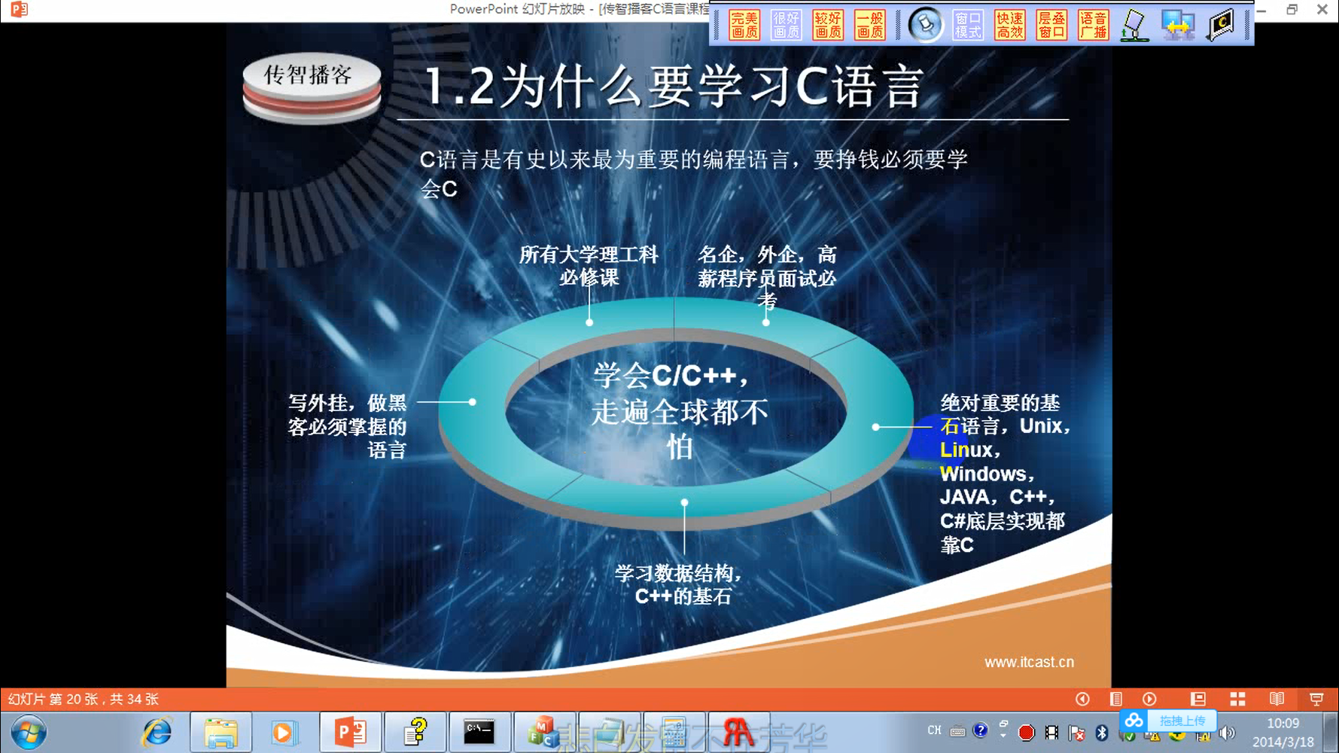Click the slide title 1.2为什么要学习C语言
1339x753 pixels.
coord(673,86)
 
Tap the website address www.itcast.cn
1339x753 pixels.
coord(1029,662)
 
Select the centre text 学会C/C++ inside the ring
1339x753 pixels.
coord(670,375)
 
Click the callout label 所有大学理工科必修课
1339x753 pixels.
coord(589,266)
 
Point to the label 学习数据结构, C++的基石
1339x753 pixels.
coord(680,584)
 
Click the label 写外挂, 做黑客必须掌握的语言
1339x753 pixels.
coord(348,426)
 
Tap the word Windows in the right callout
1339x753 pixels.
coord(984,474)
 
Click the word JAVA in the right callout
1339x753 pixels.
coord(965,497)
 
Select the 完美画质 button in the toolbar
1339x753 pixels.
coord(744,25)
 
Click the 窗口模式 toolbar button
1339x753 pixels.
coord(968,25)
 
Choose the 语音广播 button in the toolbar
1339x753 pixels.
coord(1093,25)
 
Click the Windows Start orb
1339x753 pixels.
coord(29,732)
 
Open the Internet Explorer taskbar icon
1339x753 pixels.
coord(157,732)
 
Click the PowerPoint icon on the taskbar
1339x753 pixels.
coord(350,732)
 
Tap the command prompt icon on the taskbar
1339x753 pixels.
coord(479,732)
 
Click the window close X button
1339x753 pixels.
coord(1322,10)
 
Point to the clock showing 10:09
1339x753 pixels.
coord(1283,724)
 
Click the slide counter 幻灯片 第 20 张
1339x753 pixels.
coord(84,699)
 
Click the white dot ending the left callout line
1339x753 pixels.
coord(472,402)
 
